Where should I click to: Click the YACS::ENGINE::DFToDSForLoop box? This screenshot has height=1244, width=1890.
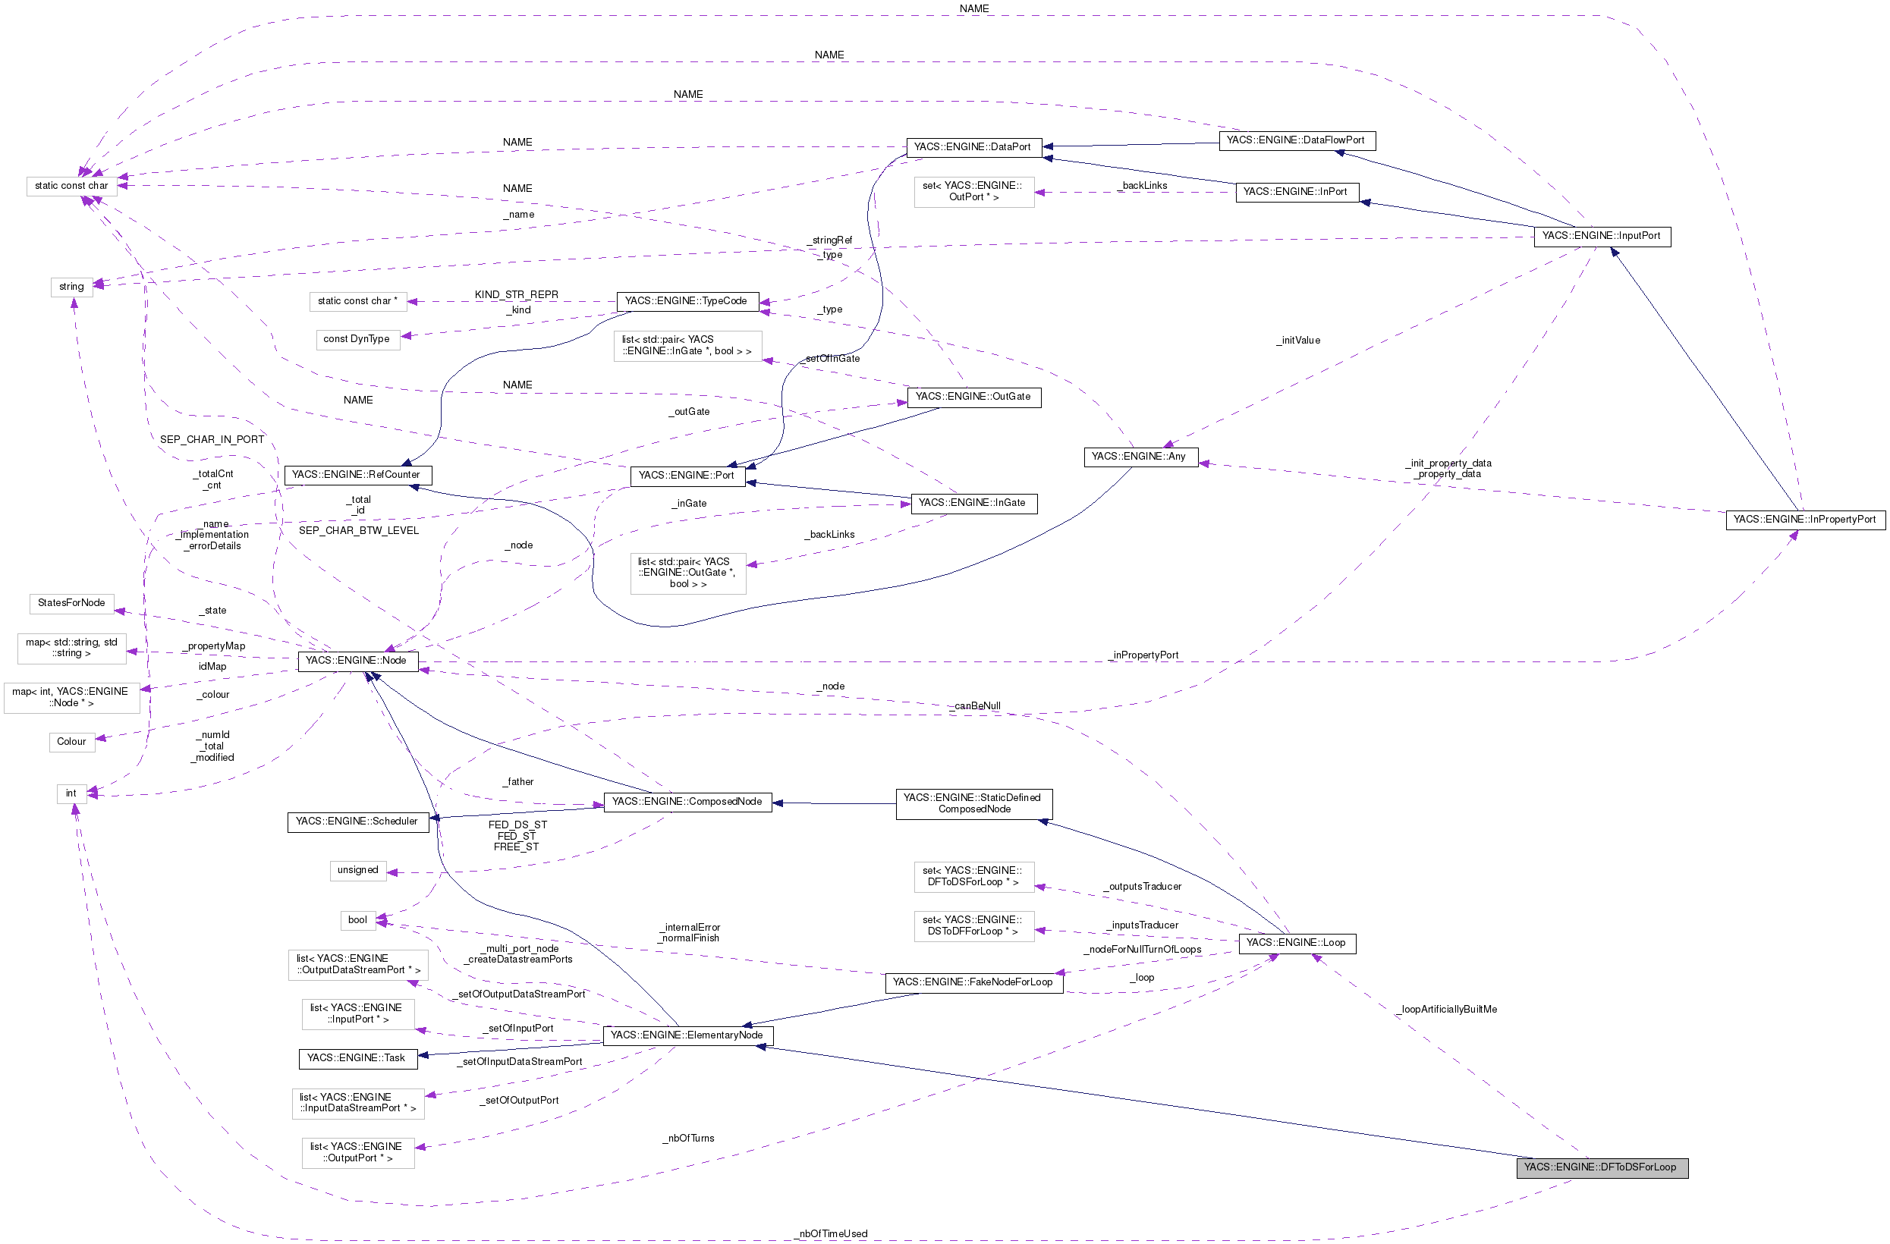pyautogui.click(x=1602, y=1167)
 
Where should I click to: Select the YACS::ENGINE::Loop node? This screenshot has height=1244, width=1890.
pyautogui.click(x=1296, y=943)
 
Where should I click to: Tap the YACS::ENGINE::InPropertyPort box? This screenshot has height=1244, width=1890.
pyautogui.click(x=1804, y=520)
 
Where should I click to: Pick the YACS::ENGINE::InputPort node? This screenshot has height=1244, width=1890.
pyautogui.click(x=1601, y=237)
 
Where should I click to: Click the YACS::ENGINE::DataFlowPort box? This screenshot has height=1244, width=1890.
pyautogui.click(x=1296, y=140)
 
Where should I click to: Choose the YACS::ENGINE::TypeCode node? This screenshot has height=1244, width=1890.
pyautogui.click(x=686, y=302)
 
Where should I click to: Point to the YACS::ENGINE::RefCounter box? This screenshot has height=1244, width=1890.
pyautogui.click(x=357, y=476)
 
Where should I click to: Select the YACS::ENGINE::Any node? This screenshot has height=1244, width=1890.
pyautogui.click(x=1139, y=457)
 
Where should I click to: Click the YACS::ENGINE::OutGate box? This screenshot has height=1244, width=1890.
pyautogui.click(x=973, y=397)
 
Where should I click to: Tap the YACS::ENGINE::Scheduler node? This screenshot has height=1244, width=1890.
pyautogui.click(x=357, y=821)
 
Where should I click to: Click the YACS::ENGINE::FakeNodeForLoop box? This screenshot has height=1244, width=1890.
pyautogui.click(x=973, y=983)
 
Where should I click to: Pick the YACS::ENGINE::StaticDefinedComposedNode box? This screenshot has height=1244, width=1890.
pyautogui.click(x=973, y=803)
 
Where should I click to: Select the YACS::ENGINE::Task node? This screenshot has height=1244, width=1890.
pyautogui.click(x=357, y=1058)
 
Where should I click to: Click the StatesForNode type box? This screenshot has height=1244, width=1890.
pyautogui.click(x=71, y=603)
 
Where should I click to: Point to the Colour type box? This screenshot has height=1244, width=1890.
pyautogui.click(x=71, y=742)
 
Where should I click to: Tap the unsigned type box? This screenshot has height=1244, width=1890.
pyautogui.click(x=358, y=870)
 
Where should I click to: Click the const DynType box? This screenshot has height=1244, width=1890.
pyautogui.click(x=357, y=339)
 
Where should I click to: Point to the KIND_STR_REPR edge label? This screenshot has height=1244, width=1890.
pyautogui.click(x=516, y=294)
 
